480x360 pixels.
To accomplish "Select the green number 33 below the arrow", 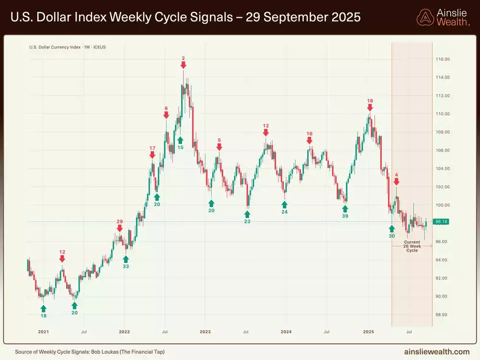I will tap(126, 266).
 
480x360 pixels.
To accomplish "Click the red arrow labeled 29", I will tap(120, 229).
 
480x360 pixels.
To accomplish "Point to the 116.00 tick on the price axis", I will tap(442, 60).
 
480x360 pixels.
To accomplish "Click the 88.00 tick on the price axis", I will tap(442, 315).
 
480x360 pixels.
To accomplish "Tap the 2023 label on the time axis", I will tap(205, 332).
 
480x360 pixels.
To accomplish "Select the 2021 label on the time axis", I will tap(43, 332).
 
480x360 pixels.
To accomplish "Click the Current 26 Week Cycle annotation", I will tap(412, 246).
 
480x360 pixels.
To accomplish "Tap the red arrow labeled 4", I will tap(396, 182).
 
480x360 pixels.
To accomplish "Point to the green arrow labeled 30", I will tap(392, 228).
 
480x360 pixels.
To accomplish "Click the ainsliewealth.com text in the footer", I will tap(438, 351).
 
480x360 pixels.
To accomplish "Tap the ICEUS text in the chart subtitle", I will tap(99, 47).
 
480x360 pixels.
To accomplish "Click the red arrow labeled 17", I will tap(152, 155).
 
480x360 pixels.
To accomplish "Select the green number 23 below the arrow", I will tap(247, 221).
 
